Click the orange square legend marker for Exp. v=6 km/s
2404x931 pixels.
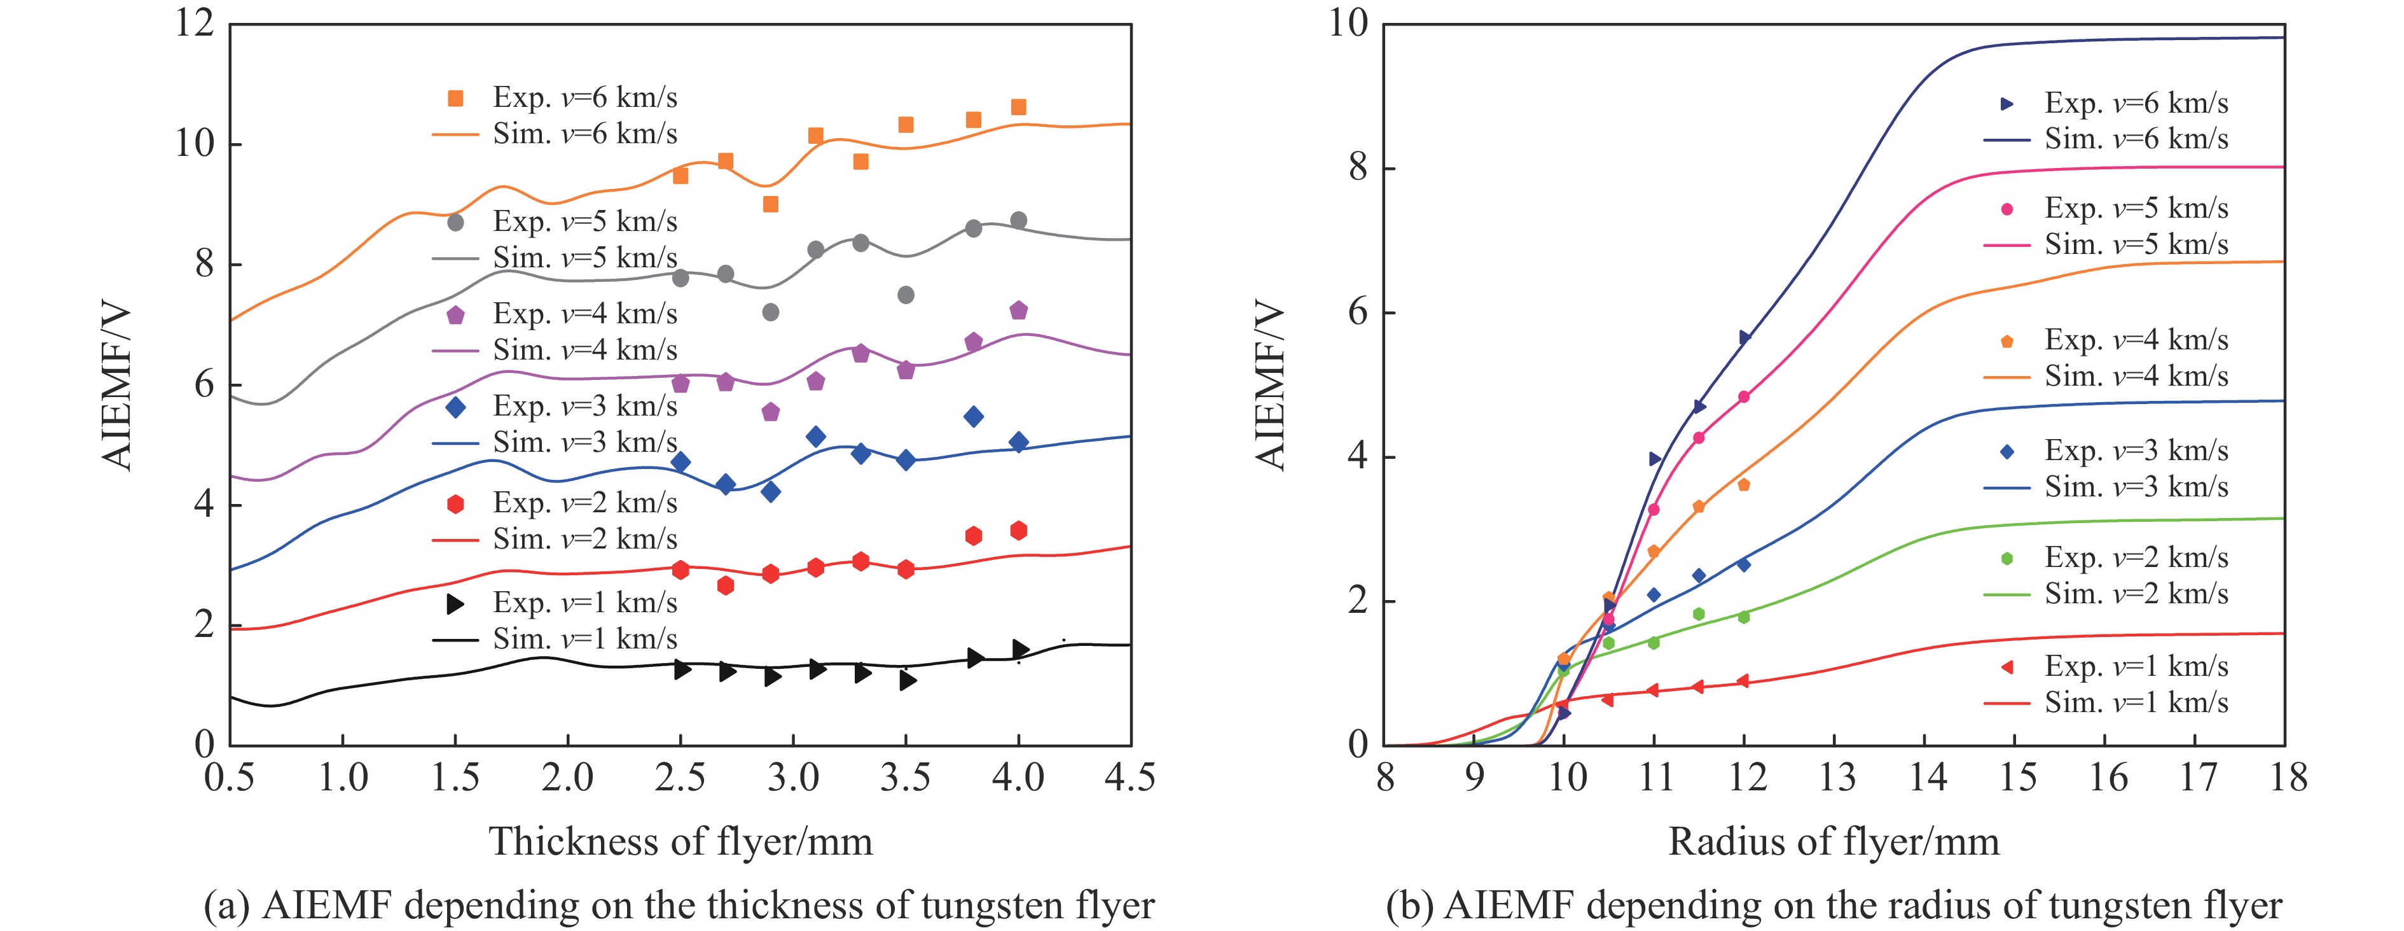click(x=455, y=98)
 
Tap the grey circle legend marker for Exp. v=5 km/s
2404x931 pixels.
click(x=455, y=222)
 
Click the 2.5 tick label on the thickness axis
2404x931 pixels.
click(x=680, y=777)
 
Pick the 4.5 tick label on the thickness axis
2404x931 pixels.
click(x=1130, y=777)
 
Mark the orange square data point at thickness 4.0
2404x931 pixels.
click(x=1018, y=108)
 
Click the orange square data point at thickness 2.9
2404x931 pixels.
click(x=770, y=204)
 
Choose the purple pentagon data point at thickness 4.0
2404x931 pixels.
click(x=1018, y=310)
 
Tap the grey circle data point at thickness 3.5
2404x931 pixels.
click(x=905, y=295)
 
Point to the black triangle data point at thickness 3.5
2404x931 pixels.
click(x=907, y=681)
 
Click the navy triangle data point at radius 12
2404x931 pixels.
click(x=1744, y=337)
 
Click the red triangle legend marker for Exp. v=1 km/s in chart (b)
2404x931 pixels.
click(x=2007, y=667)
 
